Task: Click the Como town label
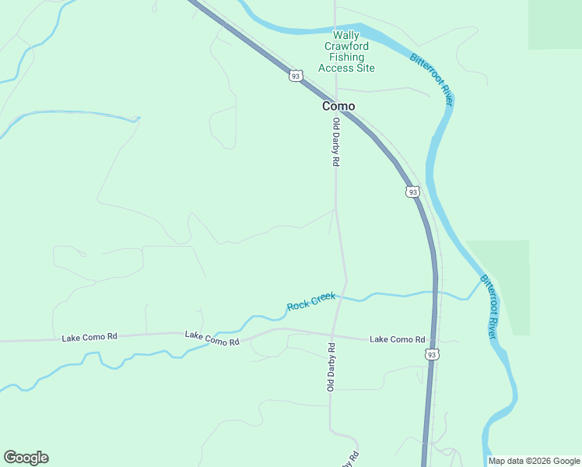click(x=338, y=106)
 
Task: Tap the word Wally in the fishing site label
click(x=346, y=35)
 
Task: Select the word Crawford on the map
click(x=346, y=46)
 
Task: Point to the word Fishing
click(x=346, y=57)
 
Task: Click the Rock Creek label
click(x=311, y=301)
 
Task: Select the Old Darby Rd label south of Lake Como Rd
click(x=331, y=367)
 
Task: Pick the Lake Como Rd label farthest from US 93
click(x=89, y=337)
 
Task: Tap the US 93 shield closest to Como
click(x=294, y=75)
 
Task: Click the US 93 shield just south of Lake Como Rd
click(x=432, y=354)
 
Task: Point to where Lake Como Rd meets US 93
click(x=433, y=341)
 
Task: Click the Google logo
click(x=26, y=458)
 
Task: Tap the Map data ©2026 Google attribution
click(x=534, y=461)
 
